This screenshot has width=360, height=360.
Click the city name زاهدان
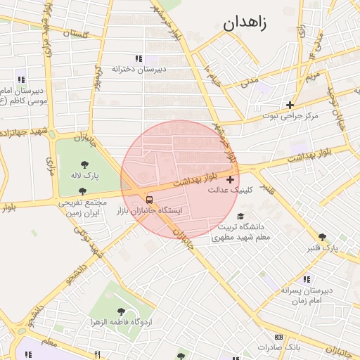click(x=245, y=23)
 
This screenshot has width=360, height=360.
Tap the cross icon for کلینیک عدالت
click(x=231, y=180)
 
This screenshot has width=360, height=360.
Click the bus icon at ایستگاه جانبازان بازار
click(x=148, y=199)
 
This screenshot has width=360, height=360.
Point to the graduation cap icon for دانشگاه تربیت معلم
click(x=241, y=217)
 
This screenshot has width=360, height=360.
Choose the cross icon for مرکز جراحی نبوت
click(x=289, y=104)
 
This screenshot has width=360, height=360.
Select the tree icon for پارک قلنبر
click(x=322, y=237)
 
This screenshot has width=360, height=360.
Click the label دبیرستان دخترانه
click(x=139, y=69)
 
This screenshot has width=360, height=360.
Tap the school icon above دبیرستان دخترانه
click(x=139, y=58)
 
